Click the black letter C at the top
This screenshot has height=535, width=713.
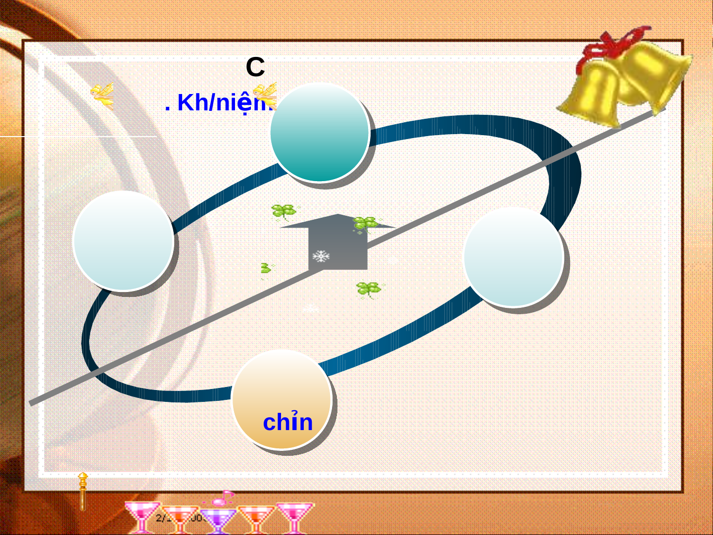[x=255, y=67]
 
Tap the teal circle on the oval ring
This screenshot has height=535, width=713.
[x=320, y=132]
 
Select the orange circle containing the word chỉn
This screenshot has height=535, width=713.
[x=282, y=399]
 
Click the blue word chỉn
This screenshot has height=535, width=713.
[x=287, y=422]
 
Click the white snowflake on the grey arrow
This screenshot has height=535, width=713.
[x=321, y=256]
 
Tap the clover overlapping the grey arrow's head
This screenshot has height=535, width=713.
[x=366, y=224]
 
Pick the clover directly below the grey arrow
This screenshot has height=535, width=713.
[x=369, y=289]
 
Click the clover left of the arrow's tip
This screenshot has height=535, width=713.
[x=284, y=211]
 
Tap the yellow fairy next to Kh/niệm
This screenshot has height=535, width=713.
[x=265, y=94]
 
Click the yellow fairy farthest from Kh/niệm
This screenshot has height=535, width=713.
[x=103, y=95]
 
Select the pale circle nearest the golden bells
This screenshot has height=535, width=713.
[x=513, y=257]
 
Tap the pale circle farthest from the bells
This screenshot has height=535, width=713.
[x=123, y=241]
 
